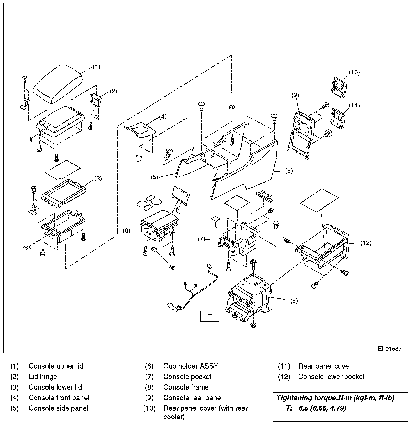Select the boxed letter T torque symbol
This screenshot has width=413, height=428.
point(210,316)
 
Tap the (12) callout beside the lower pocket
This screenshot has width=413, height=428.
point(366,243)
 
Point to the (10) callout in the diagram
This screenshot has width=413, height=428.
point(354,72)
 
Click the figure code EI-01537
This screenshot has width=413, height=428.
point(390,349)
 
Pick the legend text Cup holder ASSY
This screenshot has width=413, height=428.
point(191,366)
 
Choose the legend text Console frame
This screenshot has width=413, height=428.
point(186,387)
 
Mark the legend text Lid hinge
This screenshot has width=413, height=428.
point(43,377)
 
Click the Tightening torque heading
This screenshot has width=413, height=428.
point(336,398)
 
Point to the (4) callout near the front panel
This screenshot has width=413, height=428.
point(163,117)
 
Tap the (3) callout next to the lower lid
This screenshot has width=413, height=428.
point(98,178)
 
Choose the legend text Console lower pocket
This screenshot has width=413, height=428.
point(331,377)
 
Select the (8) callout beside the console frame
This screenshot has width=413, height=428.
point(293,301)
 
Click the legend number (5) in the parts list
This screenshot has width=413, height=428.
point(14,408)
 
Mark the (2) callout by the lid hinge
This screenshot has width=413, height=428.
point(113,91)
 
